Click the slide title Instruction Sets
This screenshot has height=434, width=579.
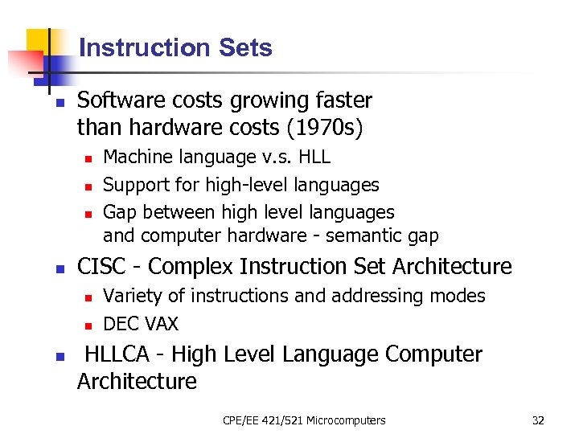(175, 48)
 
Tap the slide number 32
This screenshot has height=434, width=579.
(538, 420)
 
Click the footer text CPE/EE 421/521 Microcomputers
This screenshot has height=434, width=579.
(304, 420)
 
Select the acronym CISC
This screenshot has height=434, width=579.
(103, 266)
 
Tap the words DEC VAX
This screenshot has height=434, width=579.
(141, 324)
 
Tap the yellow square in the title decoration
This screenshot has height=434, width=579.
(42, 42)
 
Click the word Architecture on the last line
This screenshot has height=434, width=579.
(137, 381)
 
